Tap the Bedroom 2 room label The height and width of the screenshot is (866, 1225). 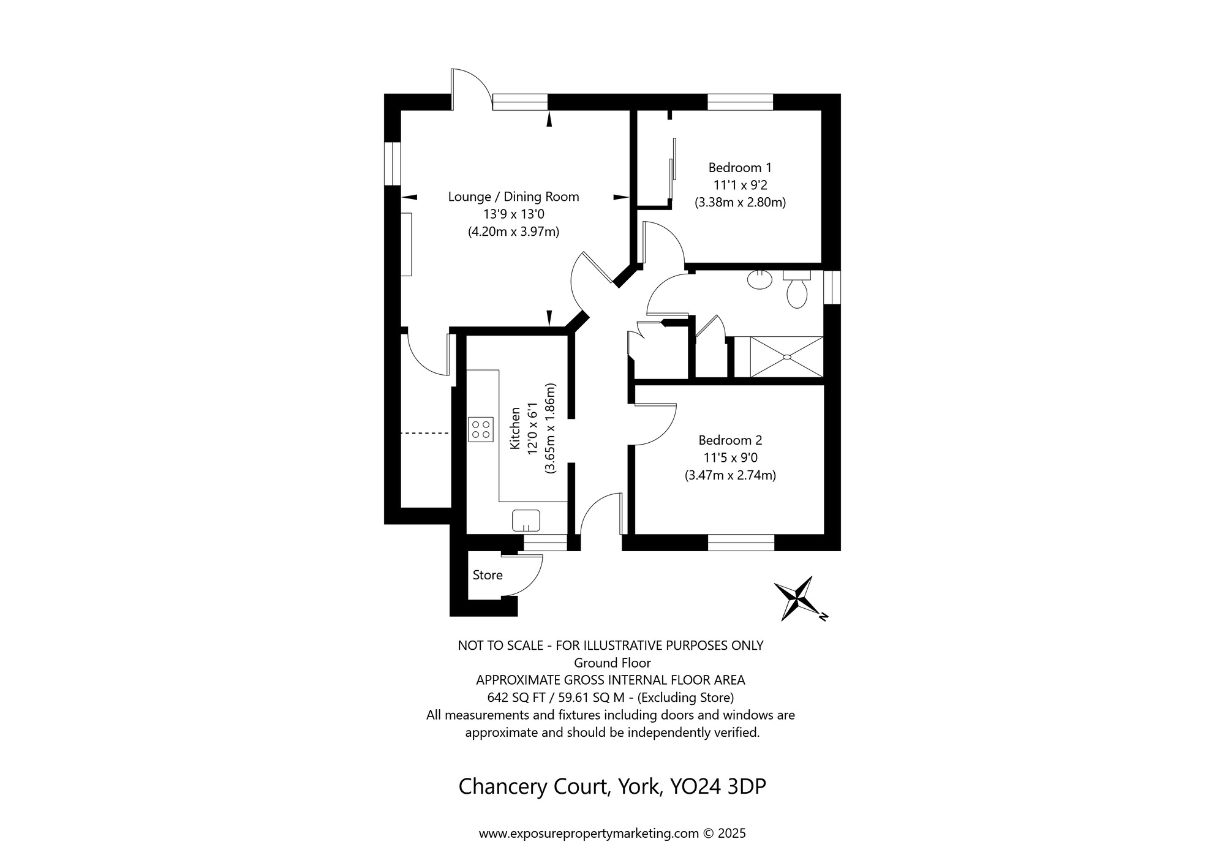tap(730, 440)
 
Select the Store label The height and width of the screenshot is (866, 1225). tap(488, 575)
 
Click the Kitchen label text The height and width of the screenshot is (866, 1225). tap(515, 428)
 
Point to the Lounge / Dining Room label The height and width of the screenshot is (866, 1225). tap(513, 197)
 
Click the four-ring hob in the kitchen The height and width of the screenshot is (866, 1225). tap(481, 429)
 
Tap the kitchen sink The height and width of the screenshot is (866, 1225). tap(526, 521)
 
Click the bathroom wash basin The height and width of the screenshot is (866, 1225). tap(760, 280)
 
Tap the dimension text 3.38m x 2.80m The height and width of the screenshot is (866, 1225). tap(740, 202)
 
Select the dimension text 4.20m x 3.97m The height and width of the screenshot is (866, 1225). tap(513, 232)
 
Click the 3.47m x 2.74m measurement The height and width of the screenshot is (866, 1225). tap(730, 475)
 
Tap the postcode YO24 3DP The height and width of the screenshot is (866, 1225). tap(718, 786)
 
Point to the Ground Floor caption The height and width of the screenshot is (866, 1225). tap(612, 663)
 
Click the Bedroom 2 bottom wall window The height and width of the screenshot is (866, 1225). tap(741, 543)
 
